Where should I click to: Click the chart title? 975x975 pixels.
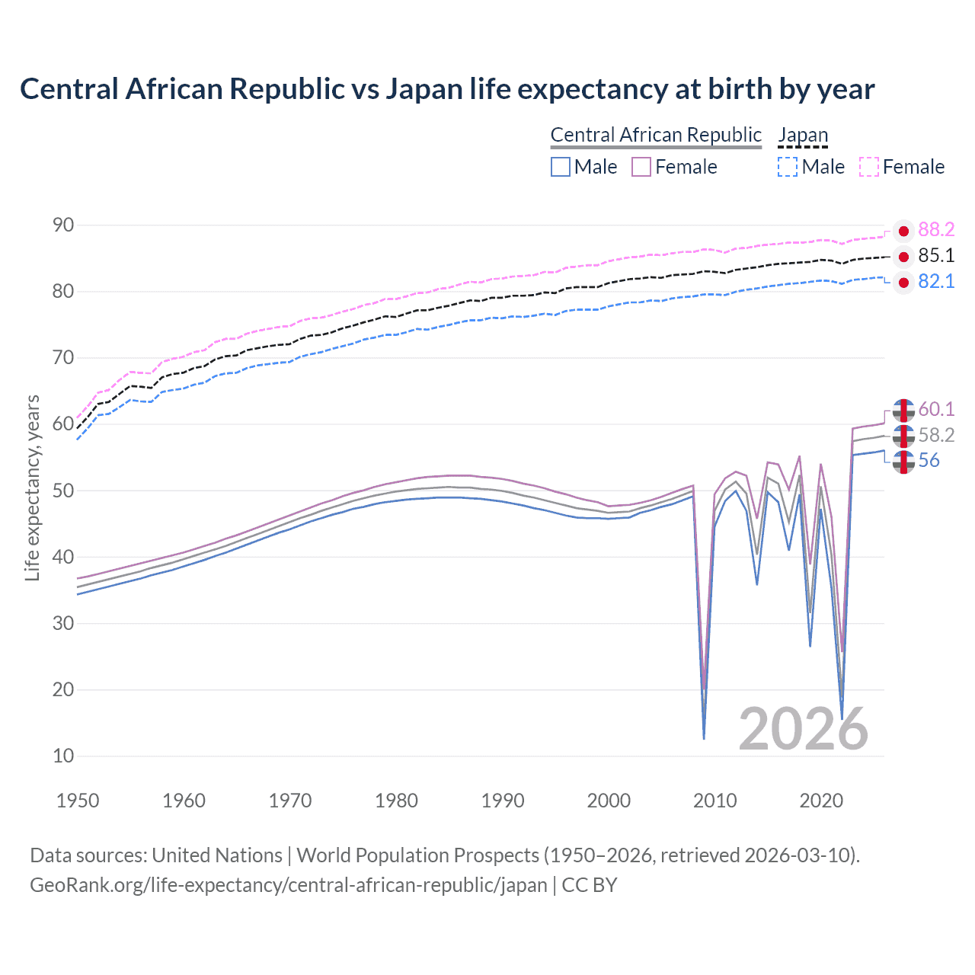[447, 89]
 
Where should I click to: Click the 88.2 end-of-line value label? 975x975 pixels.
[936, 230]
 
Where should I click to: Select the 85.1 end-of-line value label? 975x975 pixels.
[936, 256]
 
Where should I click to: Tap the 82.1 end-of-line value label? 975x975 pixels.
[936, 282]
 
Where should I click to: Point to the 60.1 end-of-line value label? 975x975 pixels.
[936, 410]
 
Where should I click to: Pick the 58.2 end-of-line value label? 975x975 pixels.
[936, 436]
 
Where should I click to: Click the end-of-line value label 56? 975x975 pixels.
[929, 461]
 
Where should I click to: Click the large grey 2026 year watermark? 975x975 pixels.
[803, 730]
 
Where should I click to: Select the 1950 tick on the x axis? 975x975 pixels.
[78, 801]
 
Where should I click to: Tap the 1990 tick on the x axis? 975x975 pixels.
[503, 801]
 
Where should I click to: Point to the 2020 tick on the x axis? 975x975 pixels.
[821, 801]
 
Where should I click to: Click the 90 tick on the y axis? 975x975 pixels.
[63, 225]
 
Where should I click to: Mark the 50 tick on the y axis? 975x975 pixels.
[63, 491]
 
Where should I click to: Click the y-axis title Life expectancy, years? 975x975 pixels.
[33, 487]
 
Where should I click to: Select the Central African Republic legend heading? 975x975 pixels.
[655, 136]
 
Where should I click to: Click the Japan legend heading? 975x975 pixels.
[803, 136]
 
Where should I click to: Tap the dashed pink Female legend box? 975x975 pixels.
[869, 167]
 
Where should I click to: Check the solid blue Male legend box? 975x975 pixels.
[561, 167]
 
